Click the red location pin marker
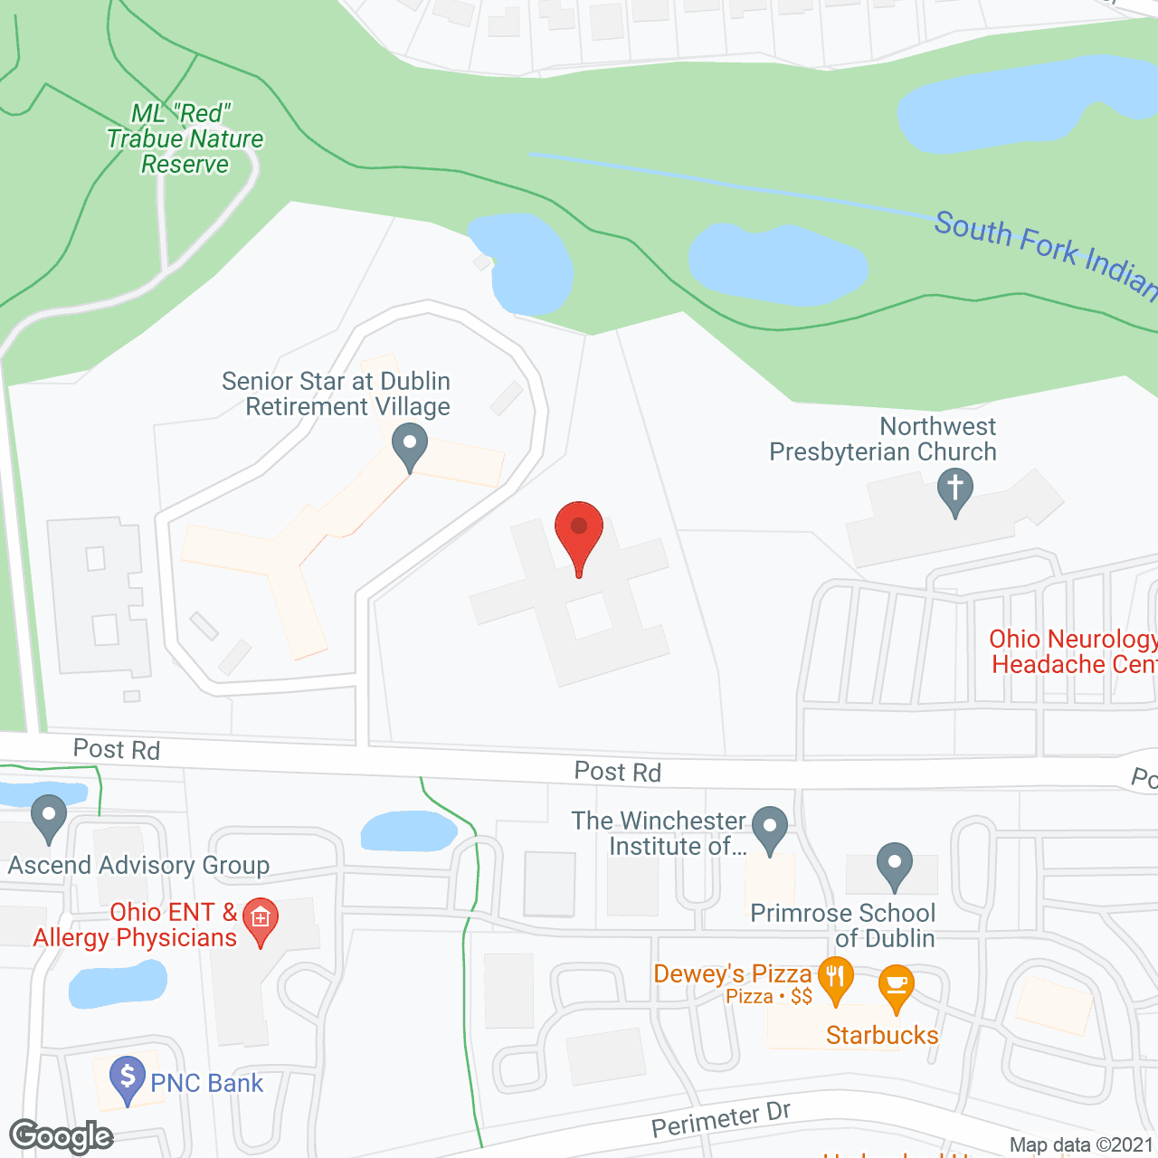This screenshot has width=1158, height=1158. (x=578, y=529)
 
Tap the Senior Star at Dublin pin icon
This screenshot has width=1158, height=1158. (x=410, y=445)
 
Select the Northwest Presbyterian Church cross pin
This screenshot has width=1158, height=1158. (x=954, y=489)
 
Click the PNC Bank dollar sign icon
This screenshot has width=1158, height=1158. (x=128, y=1077)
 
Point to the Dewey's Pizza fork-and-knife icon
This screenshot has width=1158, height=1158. (x=835, y=978)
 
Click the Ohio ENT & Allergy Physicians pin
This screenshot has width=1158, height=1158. (x=261, y=919)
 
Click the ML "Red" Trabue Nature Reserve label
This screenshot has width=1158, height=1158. (x=185, y=138)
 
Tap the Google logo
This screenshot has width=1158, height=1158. (x=62, y=1136)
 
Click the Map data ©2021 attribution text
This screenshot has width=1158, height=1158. (x=1081, y=1145)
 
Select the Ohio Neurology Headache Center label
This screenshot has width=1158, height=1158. (x=1073, y=651)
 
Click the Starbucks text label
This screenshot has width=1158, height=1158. (x=882, y=1035)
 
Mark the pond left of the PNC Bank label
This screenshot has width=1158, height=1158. (x=118, y=983)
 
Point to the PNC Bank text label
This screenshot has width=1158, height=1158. (x=206, y=1083)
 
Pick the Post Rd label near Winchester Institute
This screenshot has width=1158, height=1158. (x=618, y=772)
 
